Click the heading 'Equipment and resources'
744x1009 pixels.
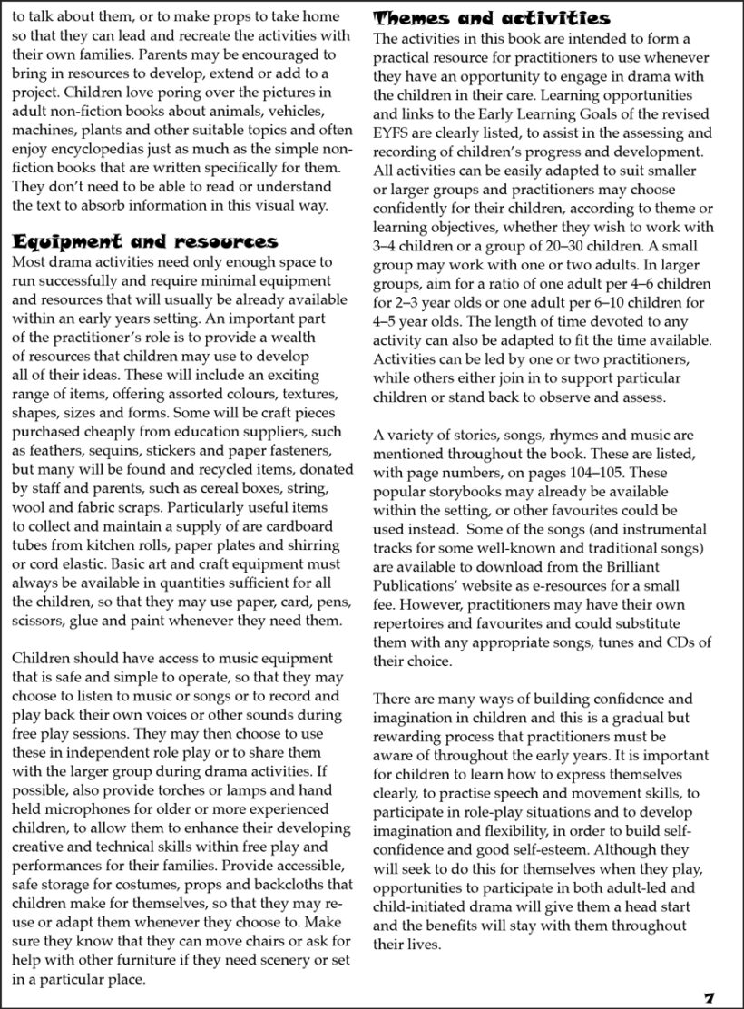pos(145,241)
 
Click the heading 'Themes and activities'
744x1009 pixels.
pos(492,18)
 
